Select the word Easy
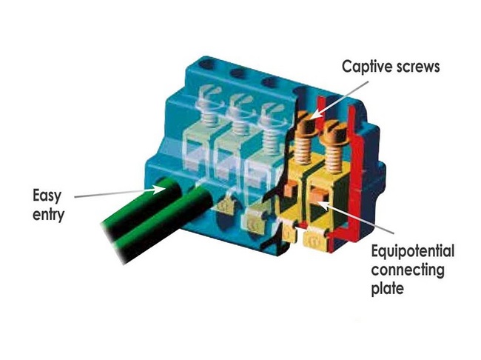tap(47, 196)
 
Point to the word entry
tap(48, 215)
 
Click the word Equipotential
tap(413, 252)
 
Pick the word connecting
tap(408, 270)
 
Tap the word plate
tap(388, 288)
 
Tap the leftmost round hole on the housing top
tap(207, 64)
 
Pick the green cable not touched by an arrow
tap(166, 227)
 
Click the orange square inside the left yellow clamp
tap(289, 189)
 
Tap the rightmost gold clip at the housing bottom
tap(315, 239)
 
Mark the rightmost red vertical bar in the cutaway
tap(357, 172)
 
